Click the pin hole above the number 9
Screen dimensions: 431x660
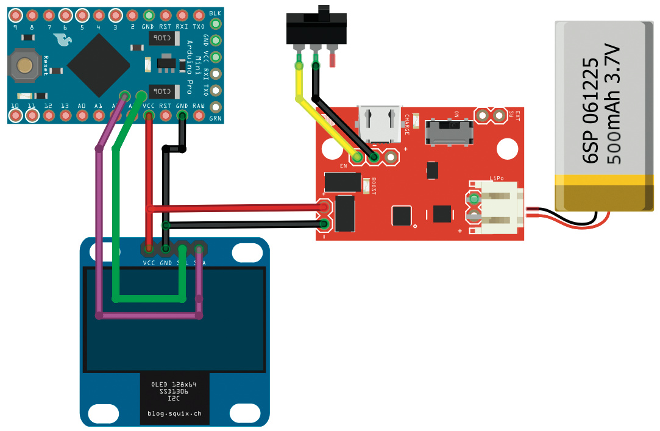pyautogui.click(x=15, y=15)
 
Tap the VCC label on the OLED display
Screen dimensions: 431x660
pyautogui.click(x=149, y=263)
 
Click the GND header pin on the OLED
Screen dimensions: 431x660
pyautogui.click(x=166, y=249)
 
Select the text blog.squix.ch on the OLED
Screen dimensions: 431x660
pyautogui.click(x=174, y=413)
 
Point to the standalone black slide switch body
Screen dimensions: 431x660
pyautogui.click(x=316, y=28)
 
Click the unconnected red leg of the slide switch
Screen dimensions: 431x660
pyautogui.click(x=333, y=59)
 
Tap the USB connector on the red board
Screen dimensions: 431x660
pyautogui.click(x=378, y=125)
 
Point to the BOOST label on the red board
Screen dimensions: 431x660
pyautogui.click(x=374, y=185)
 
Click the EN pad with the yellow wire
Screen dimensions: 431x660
pyautogui.click(x=358, y=158)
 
